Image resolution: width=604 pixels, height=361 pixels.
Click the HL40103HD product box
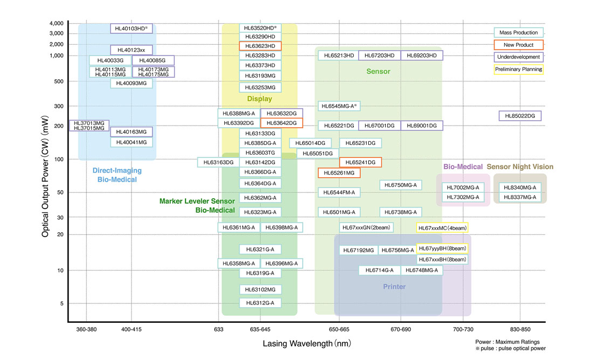click(x=132, y=28)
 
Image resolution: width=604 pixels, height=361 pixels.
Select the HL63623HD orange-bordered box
click(x=260, y=46)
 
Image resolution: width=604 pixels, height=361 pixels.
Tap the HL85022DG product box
click(x=520, y=116)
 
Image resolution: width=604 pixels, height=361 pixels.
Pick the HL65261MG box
click(x=339, y=173)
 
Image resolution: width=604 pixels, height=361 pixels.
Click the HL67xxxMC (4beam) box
click(x=442, y=228)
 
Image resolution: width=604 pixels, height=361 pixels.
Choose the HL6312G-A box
click(x=260, y=303)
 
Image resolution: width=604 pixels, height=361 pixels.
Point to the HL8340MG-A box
click(x=520, y=187)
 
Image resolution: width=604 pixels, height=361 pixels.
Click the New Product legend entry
click(x=518, y=45)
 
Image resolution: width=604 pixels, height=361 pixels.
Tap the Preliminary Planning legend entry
click(x=518, y=69)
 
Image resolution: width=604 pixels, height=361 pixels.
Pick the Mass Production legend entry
click(x=518, y=33)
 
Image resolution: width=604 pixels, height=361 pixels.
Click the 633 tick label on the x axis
click(x=219, y=329)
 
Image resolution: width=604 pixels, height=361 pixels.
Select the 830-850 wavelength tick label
click(x=520, y=329)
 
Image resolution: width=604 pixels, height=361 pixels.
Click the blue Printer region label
click(x=394, y=287)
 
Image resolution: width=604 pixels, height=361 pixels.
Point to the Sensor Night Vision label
click(x=520, y=167)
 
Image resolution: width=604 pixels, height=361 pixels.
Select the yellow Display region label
click(x=259, y=99)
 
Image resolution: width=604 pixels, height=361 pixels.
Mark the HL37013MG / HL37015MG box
click(x=89, y=126)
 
